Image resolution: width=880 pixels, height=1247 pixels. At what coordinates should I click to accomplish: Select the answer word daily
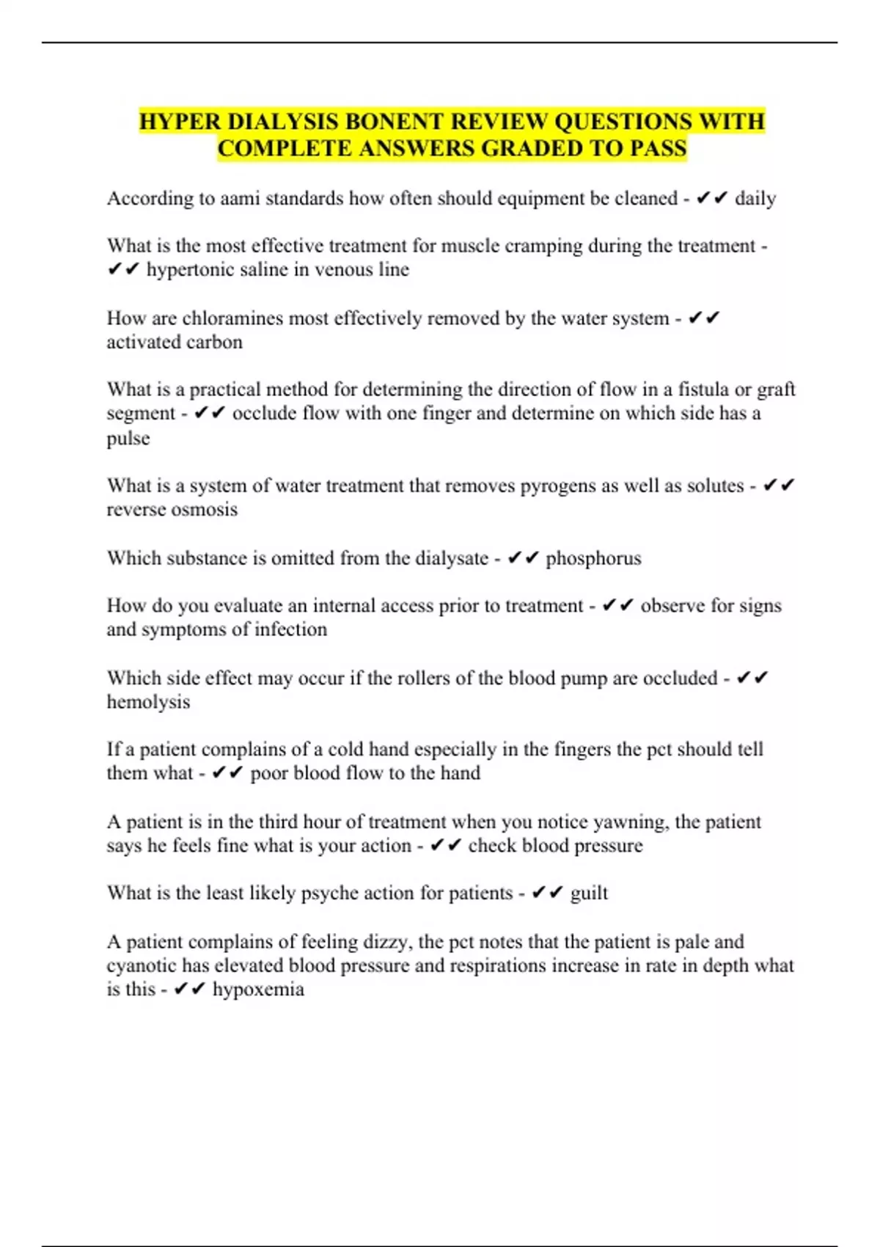click(x=755, y=199)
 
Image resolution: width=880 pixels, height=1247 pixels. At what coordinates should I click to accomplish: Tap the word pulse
click(x=128, y=439)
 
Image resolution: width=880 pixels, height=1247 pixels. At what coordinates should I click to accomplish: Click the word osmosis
click(x=205, y=510)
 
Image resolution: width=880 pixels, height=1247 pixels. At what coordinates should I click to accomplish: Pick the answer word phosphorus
click(x=593, y=558)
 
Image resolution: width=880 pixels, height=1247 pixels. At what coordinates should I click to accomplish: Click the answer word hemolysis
click(x=148, y=702)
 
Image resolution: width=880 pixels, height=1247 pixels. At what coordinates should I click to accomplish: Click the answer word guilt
click(x=589, y=893)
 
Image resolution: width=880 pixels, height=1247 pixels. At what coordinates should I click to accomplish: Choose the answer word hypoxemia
click(x=258, y=990)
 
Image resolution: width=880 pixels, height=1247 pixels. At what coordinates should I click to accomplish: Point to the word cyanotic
click(x=142, y=965)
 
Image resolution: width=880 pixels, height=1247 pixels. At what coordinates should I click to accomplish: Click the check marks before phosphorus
click(x=523, y=558)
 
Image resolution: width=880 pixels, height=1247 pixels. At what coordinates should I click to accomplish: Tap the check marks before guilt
click(x=547, y=893)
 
